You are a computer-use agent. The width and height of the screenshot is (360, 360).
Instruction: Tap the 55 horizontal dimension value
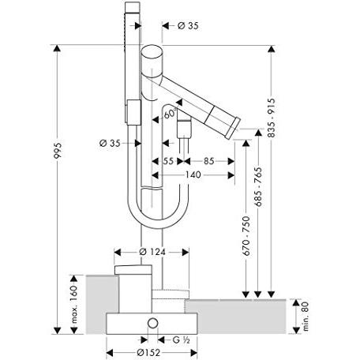168,162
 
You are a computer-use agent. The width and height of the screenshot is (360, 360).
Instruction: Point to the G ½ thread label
182,339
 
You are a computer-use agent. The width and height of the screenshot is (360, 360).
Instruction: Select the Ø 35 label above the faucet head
186,26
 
